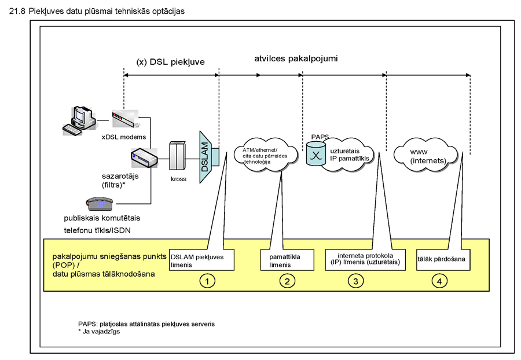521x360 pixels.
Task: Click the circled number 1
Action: [x=207, y=281]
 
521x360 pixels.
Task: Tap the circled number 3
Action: [x=355, y=281]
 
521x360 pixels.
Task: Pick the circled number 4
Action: [x=440, y=281]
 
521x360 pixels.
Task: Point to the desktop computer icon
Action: [x=79, y=120]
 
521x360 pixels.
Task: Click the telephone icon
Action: [x=99, y=203]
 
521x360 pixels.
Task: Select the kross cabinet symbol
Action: [x=178, y=156]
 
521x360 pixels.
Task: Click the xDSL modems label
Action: [x=123, y=137]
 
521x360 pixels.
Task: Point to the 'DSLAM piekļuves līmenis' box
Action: [x=201, y=259]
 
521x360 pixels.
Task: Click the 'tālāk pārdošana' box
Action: [x=442, y=259]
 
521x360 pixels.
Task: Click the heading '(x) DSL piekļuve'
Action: [x=170, y=61]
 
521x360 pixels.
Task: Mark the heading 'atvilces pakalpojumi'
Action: [x=296, y=59]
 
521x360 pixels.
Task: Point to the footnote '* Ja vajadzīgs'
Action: [x=103, y=332]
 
